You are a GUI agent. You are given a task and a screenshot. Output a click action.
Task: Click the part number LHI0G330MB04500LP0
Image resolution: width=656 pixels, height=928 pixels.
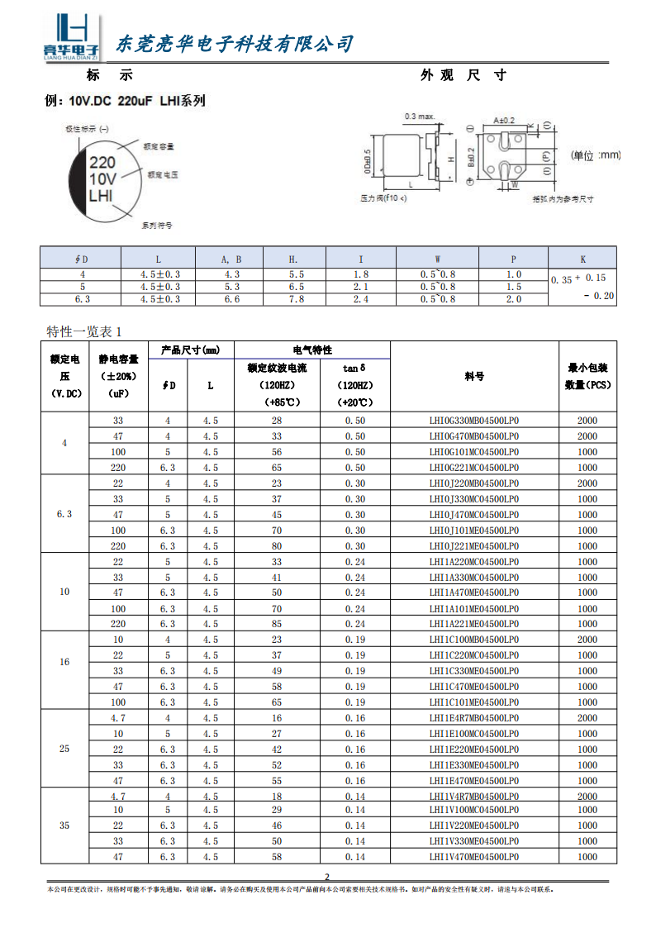tap(474, 421)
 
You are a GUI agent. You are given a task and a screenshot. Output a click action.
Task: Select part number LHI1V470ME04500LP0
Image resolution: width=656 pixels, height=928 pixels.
tap(474, 857)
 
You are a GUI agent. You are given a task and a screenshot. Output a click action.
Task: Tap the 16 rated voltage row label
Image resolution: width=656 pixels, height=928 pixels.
tap(64, 663)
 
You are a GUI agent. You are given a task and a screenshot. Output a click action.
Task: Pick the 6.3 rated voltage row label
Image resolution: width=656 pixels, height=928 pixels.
tap(64, 514)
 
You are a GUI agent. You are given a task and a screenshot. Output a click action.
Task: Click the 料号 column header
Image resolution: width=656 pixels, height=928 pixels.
tap(474, 376)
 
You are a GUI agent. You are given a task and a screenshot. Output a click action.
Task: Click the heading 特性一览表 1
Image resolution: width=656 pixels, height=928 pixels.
tap(84, 331)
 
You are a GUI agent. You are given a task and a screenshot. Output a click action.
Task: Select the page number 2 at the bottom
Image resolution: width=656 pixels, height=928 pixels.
tap(327, 877)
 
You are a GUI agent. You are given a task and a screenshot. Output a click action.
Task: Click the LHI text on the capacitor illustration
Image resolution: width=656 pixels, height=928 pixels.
tap(100, 195)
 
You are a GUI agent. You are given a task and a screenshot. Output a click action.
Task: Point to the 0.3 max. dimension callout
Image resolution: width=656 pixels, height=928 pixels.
tap(421, 116)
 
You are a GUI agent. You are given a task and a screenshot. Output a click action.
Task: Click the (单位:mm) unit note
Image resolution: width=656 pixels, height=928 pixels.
tap(596, 155)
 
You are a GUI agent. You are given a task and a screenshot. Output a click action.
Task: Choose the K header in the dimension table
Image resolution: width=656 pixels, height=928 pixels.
tap(582, 259)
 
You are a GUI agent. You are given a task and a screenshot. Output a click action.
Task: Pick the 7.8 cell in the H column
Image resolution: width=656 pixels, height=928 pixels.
tap(297, 299)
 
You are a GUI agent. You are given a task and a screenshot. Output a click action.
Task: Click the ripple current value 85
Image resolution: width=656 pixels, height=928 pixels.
tap(277, 624)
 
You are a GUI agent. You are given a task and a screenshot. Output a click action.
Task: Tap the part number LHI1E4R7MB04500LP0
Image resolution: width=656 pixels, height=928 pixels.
tap(474, 718)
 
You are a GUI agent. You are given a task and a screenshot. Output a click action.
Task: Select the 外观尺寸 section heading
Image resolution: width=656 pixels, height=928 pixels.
tap(463, 75)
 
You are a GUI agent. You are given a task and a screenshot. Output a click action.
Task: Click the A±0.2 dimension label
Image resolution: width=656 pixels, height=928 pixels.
tap(504, 121)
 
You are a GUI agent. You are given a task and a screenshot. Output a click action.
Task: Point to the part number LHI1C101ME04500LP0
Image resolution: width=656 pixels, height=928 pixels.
tap(474, 702)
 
